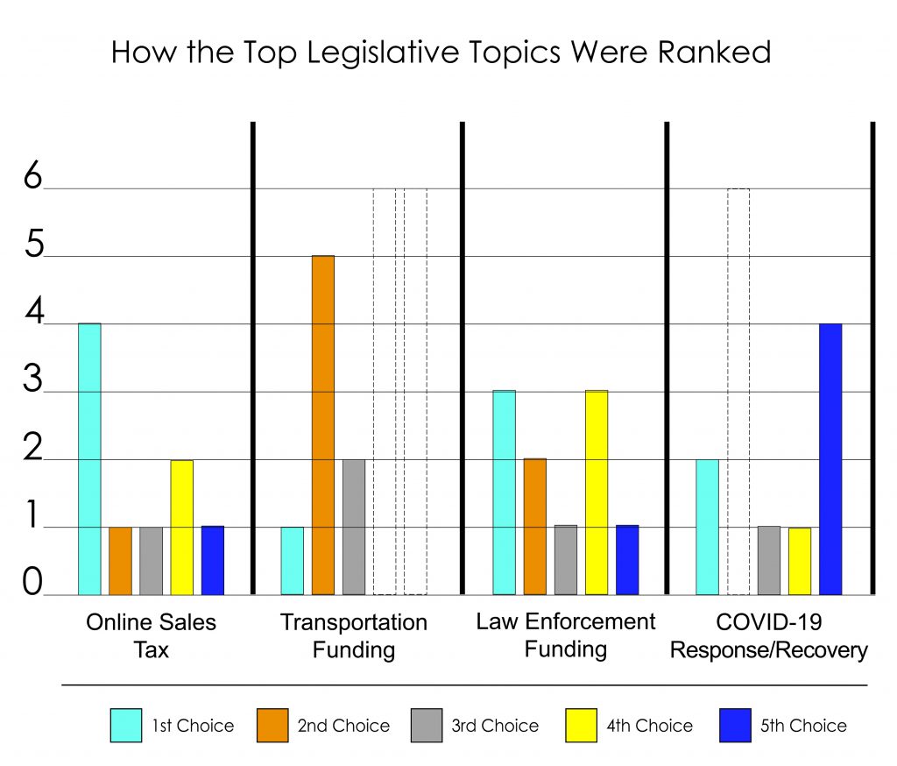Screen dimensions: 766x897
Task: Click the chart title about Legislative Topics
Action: point(441,53)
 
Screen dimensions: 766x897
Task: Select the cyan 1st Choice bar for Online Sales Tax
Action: point(89,459)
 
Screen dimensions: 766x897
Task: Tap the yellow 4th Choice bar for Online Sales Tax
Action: point(181,527)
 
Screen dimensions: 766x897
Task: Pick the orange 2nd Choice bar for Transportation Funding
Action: point(322,425)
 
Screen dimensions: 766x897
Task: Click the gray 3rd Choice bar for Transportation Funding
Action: point(353,527)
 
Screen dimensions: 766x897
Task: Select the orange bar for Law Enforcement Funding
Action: point(534,527)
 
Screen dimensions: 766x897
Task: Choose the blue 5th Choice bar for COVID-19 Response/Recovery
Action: point(830,459)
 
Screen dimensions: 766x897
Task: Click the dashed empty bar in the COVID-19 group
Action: point(738,391)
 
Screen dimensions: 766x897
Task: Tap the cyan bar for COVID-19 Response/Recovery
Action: point(708,527)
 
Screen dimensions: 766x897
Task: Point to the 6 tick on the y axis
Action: point(33,178)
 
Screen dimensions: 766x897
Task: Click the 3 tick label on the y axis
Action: point(33,382)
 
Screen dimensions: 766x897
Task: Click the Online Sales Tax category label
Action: point(151,636)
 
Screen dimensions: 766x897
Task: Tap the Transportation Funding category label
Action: point(353,636)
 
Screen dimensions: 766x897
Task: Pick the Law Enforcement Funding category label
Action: point(565,635)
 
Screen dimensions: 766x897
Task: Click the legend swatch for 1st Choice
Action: point(126,726)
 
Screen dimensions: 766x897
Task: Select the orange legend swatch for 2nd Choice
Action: point(273,726)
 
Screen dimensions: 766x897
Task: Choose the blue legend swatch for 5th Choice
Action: point(735,726)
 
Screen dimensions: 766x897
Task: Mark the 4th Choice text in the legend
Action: point(649,726)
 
